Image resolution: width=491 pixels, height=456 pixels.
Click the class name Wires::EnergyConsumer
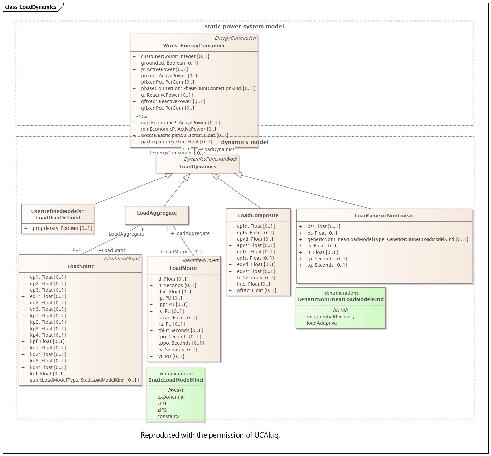194,46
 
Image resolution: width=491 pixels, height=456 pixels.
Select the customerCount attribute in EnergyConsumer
175,56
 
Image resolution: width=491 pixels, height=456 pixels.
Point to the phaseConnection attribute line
198,88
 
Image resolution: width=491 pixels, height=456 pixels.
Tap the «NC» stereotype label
141,116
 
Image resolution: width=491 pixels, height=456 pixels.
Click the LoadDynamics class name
197,167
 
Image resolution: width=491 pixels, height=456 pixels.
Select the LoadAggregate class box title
157,213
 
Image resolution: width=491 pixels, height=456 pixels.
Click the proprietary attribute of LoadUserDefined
62,228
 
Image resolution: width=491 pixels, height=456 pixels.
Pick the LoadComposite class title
258,215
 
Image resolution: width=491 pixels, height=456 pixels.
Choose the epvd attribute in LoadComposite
256,239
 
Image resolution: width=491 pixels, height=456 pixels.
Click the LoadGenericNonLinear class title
384,216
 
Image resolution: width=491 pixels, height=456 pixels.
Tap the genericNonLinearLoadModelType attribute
387,239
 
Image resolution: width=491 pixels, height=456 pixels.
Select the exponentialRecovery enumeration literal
330,317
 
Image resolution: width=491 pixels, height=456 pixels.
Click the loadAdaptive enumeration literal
321,323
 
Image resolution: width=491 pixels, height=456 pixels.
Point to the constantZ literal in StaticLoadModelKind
168,416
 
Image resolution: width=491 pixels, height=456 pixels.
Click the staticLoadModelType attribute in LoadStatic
84,380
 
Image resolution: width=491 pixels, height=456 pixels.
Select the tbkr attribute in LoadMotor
180,330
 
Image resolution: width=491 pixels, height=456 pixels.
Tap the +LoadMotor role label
174,252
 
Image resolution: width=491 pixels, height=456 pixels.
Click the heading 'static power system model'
244,26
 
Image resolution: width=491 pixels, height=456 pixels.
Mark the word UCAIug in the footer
267,435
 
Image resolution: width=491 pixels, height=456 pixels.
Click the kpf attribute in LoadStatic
47,341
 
